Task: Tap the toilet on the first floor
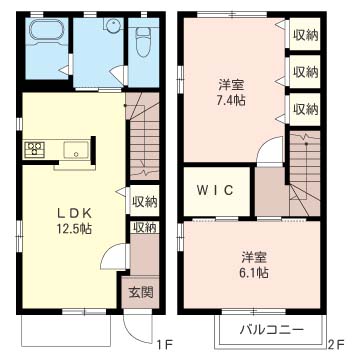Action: [x=143, y=41]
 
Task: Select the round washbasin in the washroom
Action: [x=113, y=25]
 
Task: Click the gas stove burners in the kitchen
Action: [x=35, y=149]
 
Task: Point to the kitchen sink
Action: [x=76, y=150]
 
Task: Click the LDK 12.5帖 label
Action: [x=74, y=220]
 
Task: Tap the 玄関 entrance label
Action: [x=141, y=292]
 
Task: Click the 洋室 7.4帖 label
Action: [x=232, y=92]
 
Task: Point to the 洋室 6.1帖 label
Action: [x=254, y=265]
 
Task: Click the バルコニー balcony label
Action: [x=272, y=330]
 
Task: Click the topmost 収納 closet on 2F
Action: [x=305, y=35]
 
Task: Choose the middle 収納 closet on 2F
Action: [x=305, y=71]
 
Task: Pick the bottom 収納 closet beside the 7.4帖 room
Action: [x=305, y=109]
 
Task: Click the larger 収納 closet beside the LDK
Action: [x=144, y=201]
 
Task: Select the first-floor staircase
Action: [x=143, y=136]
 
